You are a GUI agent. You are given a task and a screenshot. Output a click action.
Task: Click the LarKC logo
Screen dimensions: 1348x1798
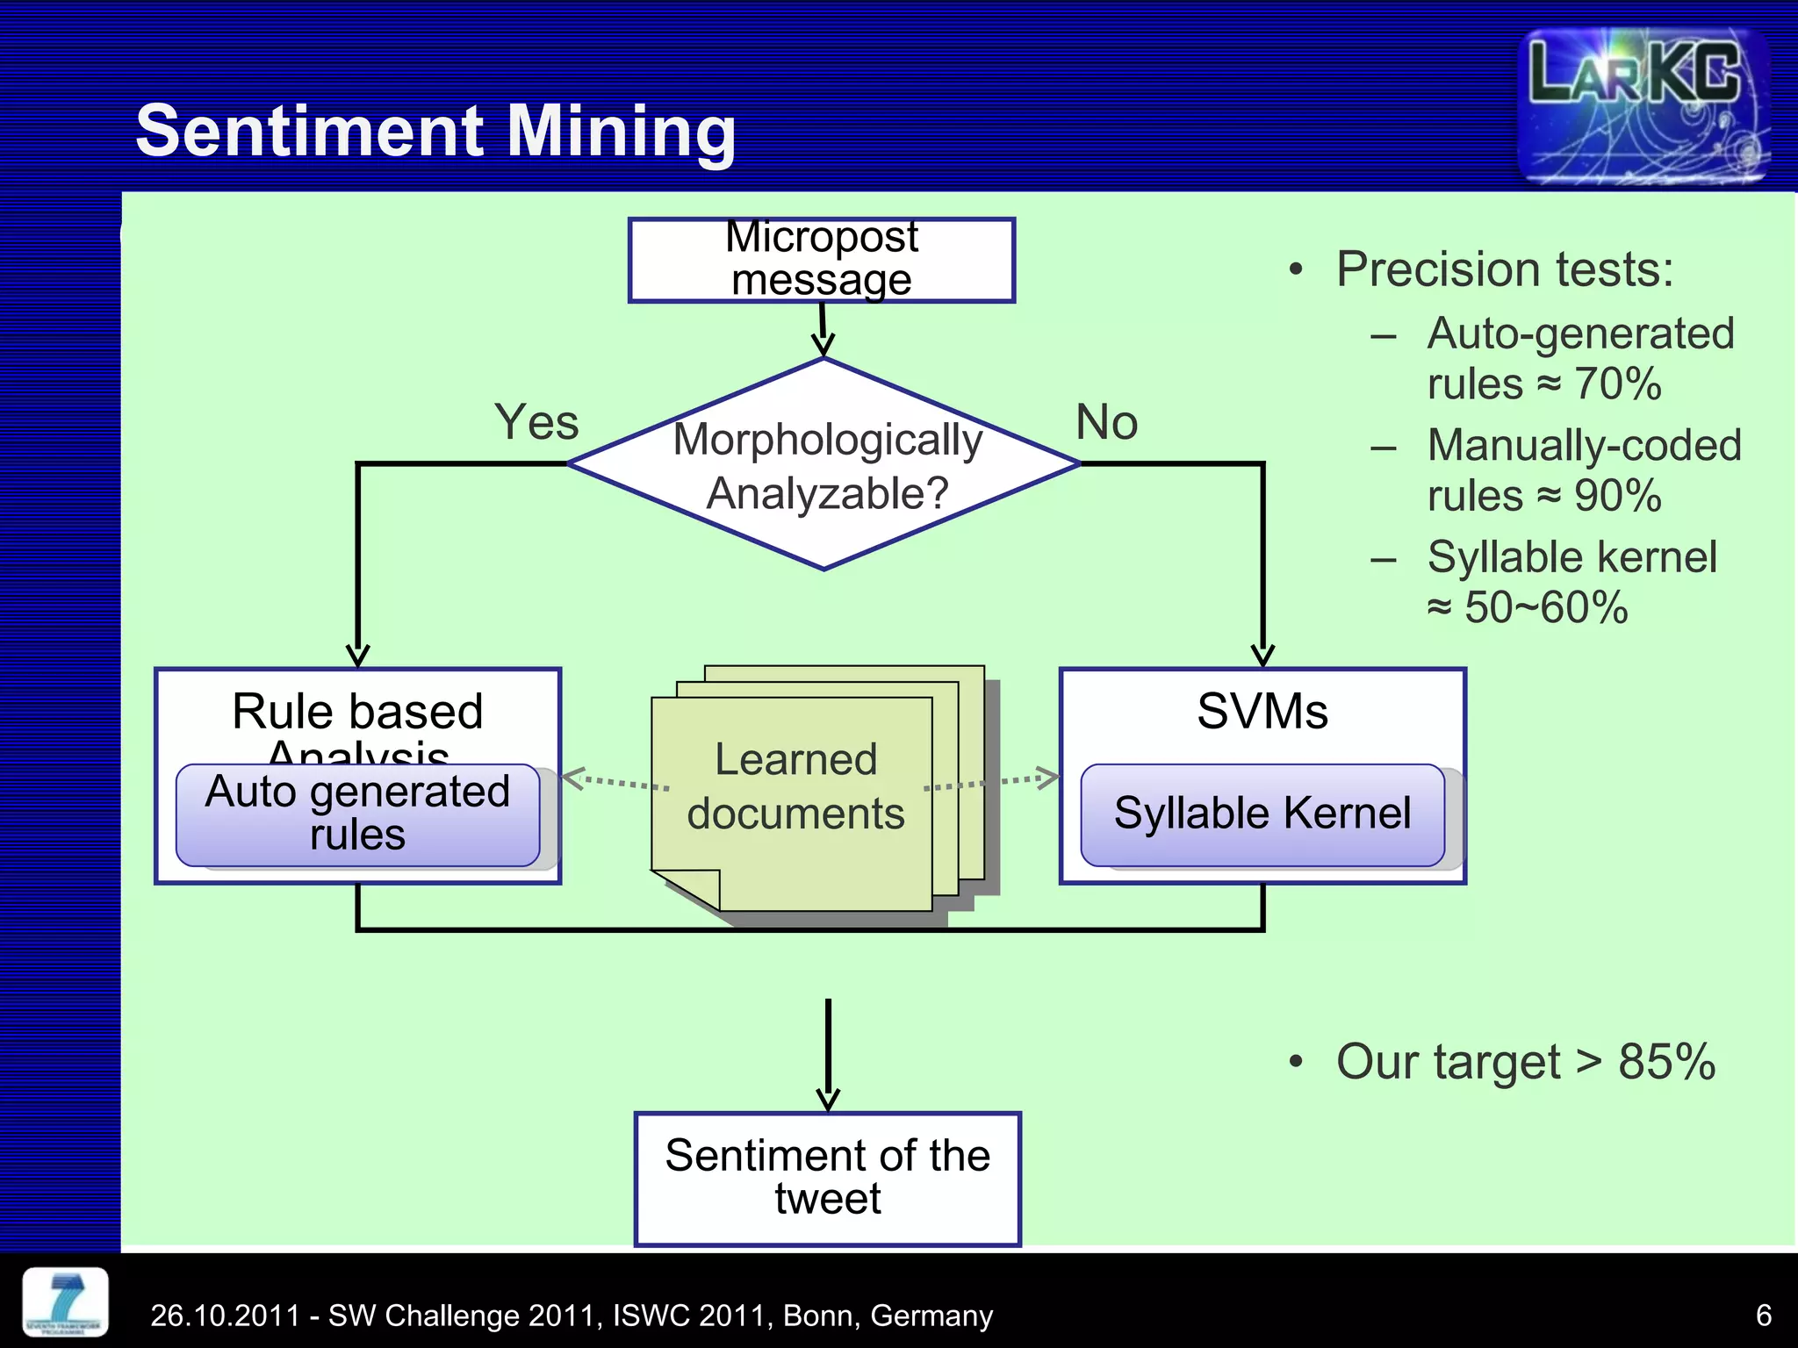pyautogui.click(x=1642, y=105)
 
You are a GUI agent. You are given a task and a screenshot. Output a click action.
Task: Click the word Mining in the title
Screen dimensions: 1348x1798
pyautogui.click(x=621, y=132)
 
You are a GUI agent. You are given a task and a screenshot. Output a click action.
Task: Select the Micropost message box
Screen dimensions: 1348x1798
pyautogui.click(x=822, y=260)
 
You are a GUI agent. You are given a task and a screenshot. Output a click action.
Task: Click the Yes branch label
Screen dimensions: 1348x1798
pyautogui.click(x=536, y=422)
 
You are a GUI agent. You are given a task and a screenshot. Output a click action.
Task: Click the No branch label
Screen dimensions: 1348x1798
pyautogui.click(x=1106, y=422)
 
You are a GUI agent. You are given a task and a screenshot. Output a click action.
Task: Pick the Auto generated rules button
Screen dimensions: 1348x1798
pyautogui.click(x=357, y=814)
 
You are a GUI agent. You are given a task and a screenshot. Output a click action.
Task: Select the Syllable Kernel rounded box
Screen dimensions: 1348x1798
pyautogui.click(x=1262, y=814)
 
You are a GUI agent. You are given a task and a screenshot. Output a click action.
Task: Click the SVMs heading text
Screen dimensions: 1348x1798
pyautogui.click(x=1262, y=711)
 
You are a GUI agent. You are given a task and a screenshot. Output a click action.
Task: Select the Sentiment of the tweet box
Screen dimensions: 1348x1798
pyautogui.click(x=827, y=1178)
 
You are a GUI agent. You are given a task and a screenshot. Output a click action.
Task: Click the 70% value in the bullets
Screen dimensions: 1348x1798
pyautogui.click(x=1617, y=384)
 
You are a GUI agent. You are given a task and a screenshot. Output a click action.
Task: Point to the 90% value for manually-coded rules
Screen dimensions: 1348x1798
pyautogui.click(x=1617, y=496)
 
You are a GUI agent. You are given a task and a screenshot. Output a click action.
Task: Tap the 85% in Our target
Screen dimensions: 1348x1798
pyautogui.click(x=1665, y=1062)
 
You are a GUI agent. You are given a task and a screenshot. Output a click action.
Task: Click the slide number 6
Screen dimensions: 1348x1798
pyautogui.click(x=1763, y=1315)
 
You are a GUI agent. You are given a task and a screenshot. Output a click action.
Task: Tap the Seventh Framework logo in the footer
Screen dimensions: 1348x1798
pyautogui.click(x=65, y=1301)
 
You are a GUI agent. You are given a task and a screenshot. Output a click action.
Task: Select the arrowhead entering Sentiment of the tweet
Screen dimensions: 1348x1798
pyautogui.click(x=827, y=1100)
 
